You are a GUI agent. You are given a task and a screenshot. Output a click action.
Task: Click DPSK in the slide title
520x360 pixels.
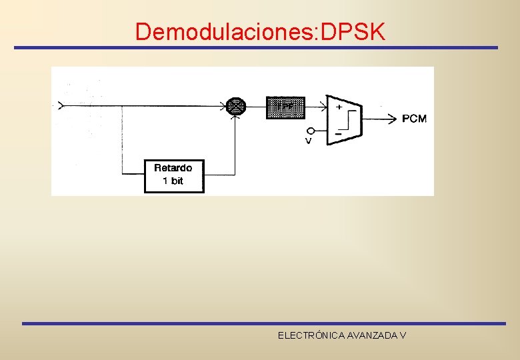point(353,31)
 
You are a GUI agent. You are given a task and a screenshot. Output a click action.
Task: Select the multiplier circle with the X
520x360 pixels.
point(236,105)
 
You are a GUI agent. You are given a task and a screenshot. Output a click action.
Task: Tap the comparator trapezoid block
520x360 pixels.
point(344,119)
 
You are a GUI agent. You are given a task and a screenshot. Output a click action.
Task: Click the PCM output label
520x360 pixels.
point(415,119)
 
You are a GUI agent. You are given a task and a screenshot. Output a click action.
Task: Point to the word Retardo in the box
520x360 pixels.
point(173,169)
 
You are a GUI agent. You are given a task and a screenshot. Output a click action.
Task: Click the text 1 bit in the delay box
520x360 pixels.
point(173,181)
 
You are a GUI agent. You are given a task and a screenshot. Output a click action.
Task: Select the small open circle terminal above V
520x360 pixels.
point(311,131)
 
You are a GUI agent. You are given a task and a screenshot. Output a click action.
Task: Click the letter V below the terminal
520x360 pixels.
point(309,141)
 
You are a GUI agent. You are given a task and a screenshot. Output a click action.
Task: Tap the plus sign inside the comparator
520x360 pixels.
point(339,107)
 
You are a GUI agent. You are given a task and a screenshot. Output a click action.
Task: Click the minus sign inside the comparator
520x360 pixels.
point(338,133)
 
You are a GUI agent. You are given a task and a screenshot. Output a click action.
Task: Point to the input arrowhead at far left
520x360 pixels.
point(61,105)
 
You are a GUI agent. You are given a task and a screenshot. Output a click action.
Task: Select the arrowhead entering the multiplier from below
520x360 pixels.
point(236,118)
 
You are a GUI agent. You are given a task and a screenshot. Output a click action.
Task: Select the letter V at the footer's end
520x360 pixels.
point(403,335)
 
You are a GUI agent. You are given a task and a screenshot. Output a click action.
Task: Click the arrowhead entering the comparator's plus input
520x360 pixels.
point(323,105)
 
